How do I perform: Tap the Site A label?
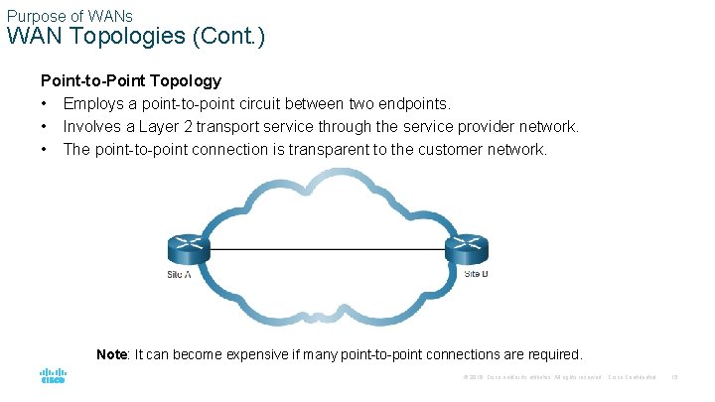coord(179,273)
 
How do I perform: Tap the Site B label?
coord(476,273)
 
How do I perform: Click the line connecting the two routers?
coord(328,249)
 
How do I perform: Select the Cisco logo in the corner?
coord(53,377)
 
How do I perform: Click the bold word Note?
coord(111,354)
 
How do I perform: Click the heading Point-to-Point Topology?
coord(130,80)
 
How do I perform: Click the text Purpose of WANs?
coord(70,16)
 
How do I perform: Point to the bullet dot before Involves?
coord(45,127)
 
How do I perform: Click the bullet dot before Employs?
coord(45,104)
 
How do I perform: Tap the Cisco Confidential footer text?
coord(632,377)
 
